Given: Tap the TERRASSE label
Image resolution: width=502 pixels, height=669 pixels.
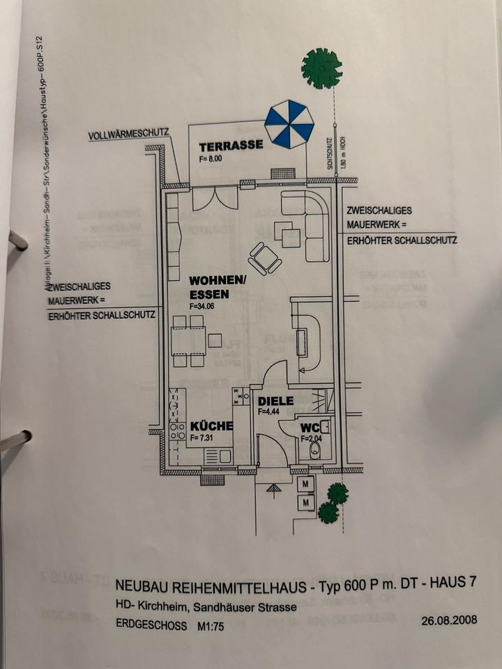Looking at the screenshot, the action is point(231,146).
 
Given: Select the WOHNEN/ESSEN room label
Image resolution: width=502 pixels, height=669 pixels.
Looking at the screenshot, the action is point(218,287).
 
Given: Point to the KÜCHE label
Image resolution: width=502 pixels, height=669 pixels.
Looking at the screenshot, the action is point(211,426).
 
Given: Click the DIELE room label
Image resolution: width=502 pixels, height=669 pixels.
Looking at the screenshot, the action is point(276,401).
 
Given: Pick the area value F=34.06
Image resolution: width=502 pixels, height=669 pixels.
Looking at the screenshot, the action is point(204,305).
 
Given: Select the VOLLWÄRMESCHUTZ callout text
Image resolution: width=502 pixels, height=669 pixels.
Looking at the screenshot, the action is point(129,135).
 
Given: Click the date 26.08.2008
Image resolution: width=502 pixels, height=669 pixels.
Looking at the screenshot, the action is point(450,620).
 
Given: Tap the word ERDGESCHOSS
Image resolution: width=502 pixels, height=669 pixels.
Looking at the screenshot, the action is point(151,626).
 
